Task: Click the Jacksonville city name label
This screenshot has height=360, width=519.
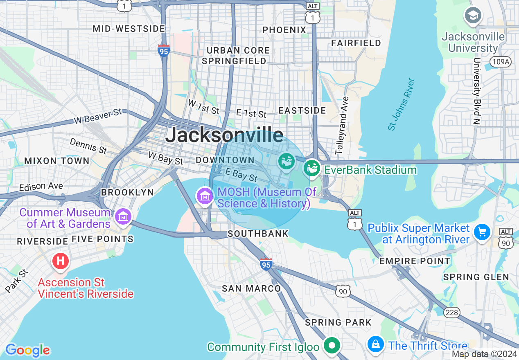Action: tap(224, 134)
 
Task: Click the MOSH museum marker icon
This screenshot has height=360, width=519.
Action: tap(205, 196)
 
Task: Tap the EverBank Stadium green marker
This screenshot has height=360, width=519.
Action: tap(312, 168)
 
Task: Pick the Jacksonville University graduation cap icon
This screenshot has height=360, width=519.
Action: tap(473, 16)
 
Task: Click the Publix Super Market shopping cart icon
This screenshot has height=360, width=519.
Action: tap(482, 232)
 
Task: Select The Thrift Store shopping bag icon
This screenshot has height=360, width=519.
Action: tap(375, 344)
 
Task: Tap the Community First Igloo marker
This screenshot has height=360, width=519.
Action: tap(332, 346)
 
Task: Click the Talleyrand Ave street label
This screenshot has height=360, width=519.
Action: tap(342, 126)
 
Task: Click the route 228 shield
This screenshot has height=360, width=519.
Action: tap(452, 312)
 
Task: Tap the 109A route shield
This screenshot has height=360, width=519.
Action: tap(499, 62)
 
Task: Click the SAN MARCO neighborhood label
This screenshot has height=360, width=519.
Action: tap(251, 288)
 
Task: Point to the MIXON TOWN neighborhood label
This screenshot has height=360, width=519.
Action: tap(57, 161)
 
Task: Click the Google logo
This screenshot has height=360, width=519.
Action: tap(27, 350)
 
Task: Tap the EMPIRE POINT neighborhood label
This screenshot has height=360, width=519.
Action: tap(415, 261)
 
